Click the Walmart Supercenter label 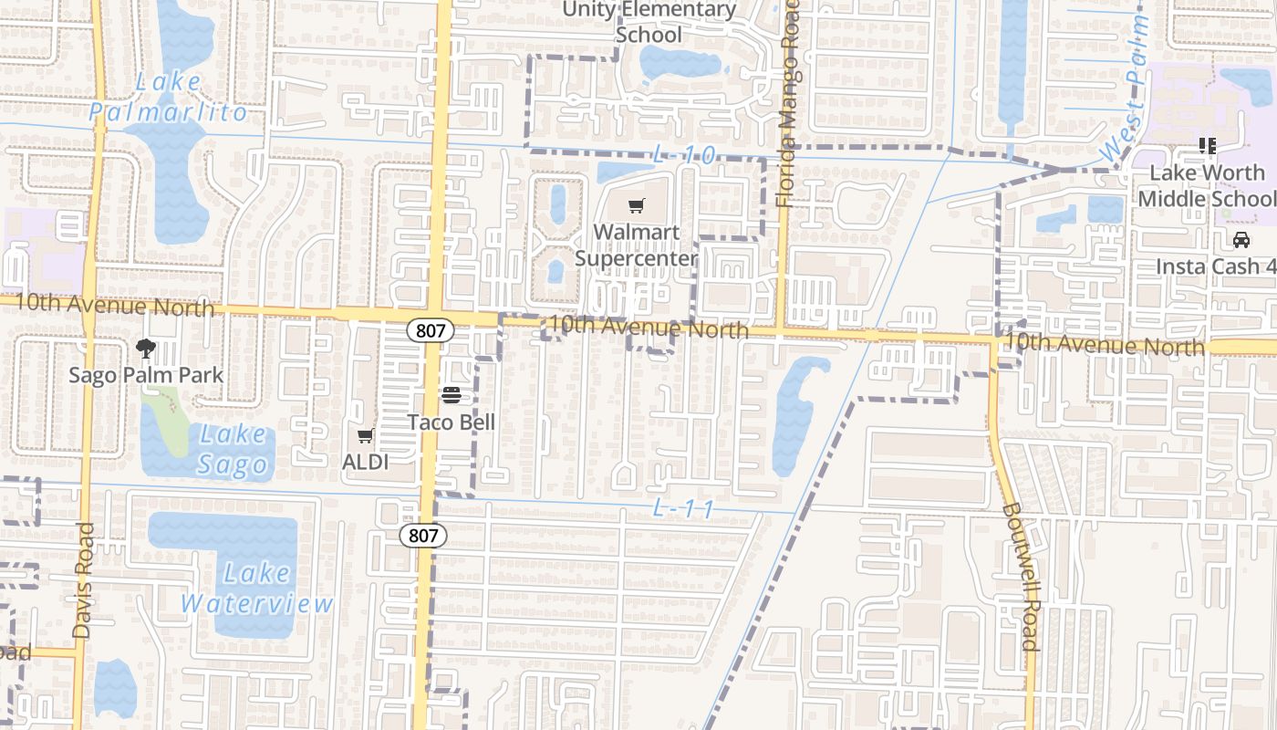pyautogui.click(x=636, y=245)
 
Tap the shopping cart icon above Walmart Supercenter pyautogui.click(x=636, y=205)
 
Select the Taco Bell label pyautogui.click(x=451, y=422)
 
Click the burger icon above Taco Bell pyautogui.click(x=451, y=394)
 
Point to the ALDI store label pyautogui.click(x=365, y=462)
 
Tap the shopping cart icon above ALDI pyautogui.click(x=365, y=436)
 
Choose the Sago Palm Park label pyautogui.click(x=146, y=375)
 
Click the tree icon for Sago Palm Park pyautogui.click(x=145, y=348)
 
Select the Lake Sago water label pyautogui.click(x=234, y=450)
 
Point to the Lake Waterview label pyautogui.click(x=257, y=589)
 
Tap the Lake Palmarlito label pyautogui.click(x=168, y=98)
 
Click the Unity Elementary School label pyautogui.click(x=649, y=22)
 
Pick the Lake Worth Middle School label pyautogui.click(x=1206, y=185)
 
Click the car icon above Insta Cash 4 pyautogui.click(x=1241, y=240)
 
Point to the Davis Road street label pyautogui.click(x=83, y=580)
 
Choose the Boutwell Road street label pyautogui.click(x=1021, y=577)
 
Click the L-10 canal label pyautogui.click(x=684, y=155)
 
